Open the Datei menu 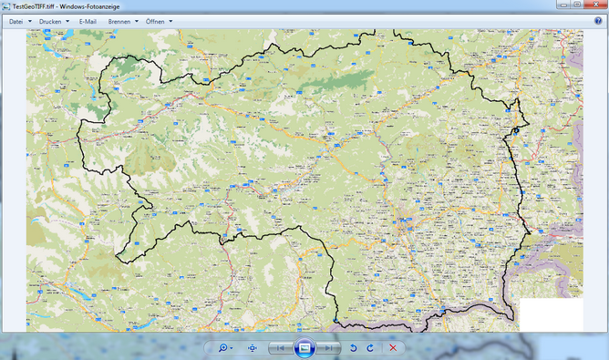18,21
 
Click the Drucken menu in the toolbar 53,21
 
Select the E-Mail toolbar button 88,21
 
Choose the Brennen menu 122,21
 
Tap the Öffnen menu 159,21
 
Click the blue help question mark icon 598,21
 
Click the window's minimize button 565,5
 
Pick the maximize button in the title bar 578,5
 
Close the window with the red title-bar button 594,5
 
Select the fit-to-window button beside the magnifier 253,348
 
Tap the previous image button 282,348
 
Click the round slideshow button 304,348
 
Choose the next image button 327,348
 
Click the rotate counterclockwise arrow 353,348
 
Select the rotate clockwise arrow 370,348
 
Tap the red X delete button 393,348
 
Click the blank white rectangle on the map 551,314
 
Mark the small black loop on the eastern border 515,131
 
